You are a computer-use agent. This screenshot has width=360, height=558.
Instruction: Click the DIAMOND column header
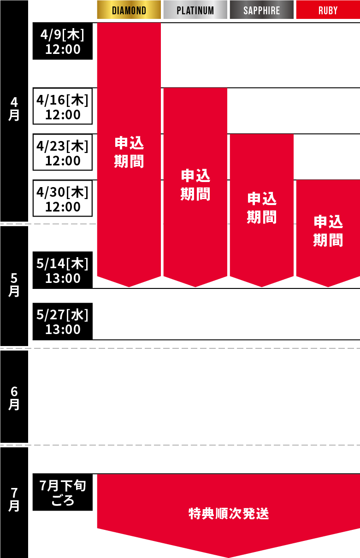coord(129,10)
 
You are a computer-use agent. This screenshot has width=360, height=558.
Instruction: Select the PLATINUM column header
coord(195,10)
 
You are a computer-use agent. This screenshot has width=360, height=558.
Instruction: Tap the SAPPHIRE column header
coord(261,10)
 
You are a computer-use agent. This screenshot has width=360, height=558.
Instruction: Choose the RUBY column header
coord(328,10)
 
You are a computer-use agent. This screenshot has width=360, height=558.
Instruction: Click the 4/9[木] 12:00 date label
coord(63,41)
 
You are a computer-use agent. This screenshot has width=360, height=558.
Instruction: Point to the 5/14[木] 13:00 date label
coord(63,270)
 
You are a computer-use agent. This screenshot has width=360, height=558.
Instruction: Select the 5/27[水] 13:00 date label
coord(63,322)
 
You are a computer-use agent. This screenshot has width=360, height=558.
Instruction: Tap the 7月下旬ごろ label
coord(63,492)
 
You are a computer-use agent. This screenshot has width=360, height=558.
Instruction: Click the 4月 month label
coord(14,108)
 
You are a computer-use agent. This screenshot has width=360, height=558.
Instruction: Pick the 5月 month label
coord(14,284)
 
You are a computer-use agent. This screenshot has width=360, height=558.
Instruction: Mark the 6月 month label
coord(14,398)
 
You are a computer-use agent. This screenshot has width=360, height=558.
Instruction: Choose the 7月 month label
coord(14,499)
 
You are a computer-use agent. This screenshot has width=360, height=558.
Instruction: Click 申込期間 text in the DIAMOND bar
coord(129,152)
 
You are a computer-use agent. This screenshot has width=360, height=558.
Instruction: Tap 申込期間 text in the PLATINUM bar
coord(195,184)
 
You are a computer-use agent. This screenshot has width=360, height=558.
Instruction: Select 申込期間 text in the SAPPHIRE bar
coord(262,207)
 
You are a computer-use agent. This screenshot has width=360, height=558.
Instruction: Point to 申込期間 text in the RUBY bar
coord(328,230)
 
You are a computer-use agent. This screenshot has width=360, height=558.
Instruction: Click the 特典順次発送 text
coord(229,513)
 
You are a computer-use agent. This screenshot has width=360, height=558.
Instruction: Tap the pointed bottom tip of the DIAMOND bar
coord(129,286)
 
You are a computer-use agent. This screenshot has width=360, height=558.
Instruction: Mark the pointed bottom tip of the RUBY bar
coord(328,286)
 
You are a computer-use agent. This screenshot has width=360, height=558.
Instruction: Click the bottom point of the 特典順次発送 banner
coord(228,556)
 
